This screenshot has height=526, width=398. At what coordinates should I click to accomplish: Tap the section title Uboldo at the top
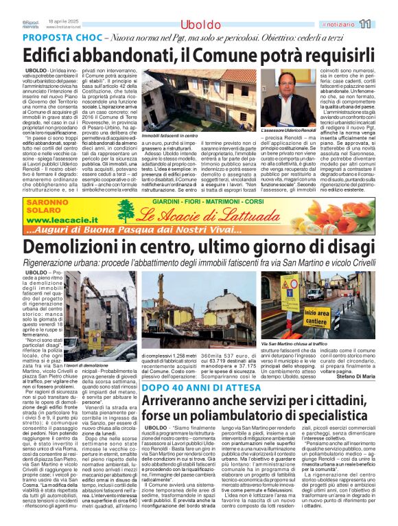(200, 25)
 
